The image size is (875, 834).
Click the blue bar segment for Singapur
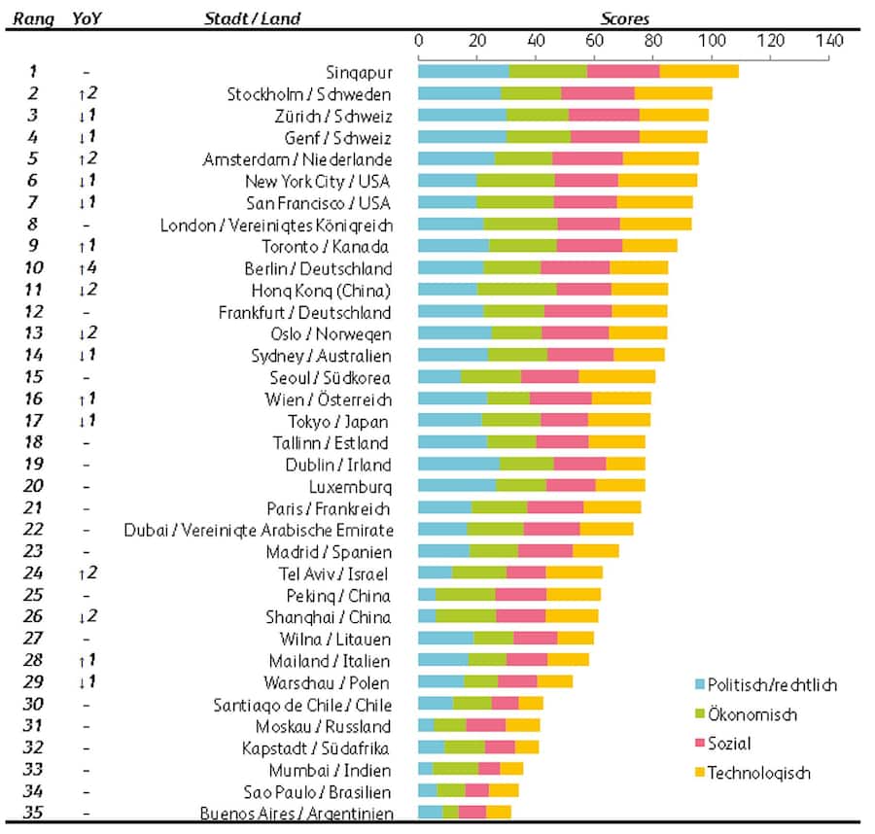click(x=463, y=71)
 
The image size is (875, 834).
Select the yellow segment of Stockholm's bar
click(x=673, y=93)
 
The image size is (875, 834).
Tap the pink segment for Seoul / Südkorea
click(x=549, y=376)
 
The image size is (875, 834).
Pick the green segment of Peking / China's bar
click(x=465, y=594)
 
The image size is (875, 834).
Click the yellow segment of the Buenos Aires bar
click(x=498, y=812)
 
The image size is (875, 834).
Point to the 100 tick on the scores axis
click(x=712, y=41)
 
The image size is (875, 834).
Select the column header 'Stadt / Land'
click(x=252, y=18)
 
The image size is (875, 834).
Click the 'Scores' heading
click(x=624, y=18)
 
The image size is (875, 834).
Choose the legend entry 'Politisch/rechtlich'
click(x=771, y=685)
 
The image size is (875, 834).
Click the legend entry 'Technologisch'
click(x=758, y=774)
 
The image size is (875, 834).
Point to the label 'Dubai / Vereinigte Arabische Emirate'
click(x=259, y=530)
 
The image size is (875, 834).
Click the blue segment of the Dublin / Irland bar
click(x=458, y=464)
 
